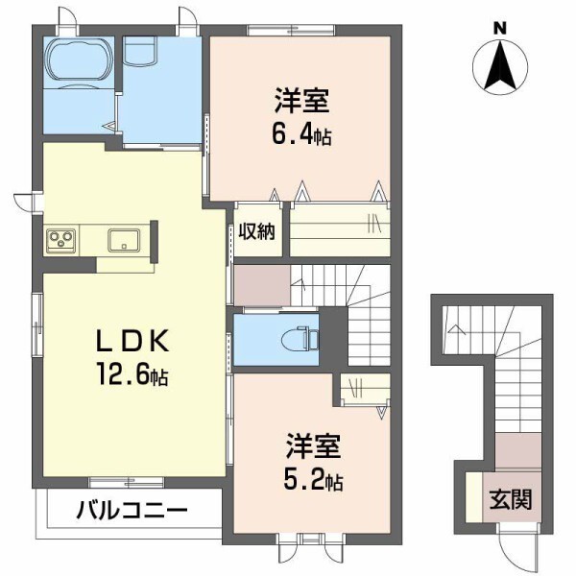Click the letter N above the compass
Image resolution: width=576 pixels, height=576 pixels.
point(500,28)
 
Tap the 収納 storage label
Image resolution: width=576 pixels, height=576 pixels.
point(258,230)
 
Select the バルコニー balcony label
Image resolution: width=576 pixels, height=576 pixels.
point(132,510)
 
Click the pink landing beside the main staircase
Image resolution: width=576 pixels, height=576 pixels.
point(262,285)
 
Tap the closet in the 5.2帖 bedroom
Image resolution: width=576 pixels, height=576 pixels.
point(366,390)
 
